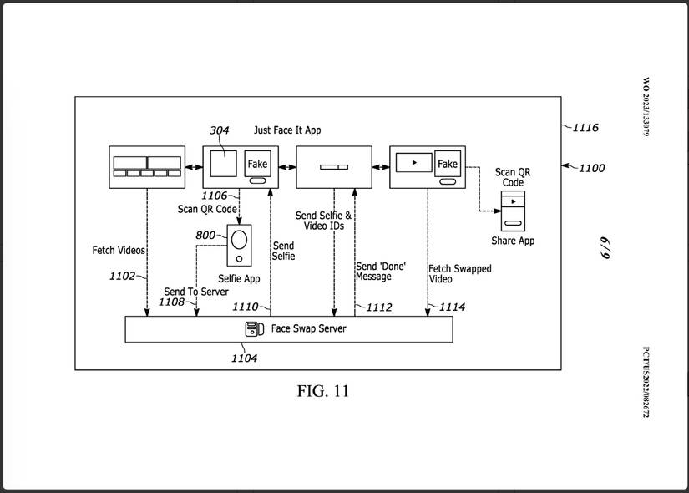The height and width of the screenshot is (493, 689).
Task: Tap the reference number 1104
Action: pos(244,358)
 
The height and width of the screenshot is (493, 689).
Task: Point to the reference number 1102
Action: pos(122,276)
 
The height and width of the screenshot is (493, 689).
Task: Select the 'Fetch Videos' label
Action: pos(119,250)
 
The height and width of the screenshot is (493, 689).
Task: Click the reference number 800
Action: pos(205,236)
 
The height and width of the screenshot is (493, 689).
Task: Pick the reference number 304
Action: pos(220,130)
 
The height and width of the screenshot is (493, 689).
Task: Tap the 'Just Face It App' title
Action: pos(287,130)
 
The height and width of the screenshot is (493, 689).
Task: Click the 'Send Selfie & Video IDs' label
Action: pos(324,221)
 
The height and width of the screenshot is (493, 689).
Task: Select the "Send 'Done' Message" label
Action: pos(381,271)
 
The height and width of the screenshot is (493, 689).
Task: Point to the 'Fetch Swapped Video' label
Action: pos(459,274)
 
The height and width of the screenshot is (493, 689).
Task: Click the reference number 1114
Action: pos(452,307)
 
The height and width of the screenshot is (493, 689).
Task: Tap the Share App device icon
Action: pos(513,211)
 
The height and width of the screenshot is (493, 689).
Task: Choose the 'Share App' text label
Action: pos(513,241)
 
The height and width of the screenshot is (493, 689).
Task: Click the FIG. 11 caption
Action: pos(323,391)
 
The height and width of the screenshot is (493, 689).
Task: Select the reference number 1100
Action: pos(591,168)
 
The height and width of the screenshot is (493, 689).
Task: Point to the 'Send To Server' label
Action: pos(195,292)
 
